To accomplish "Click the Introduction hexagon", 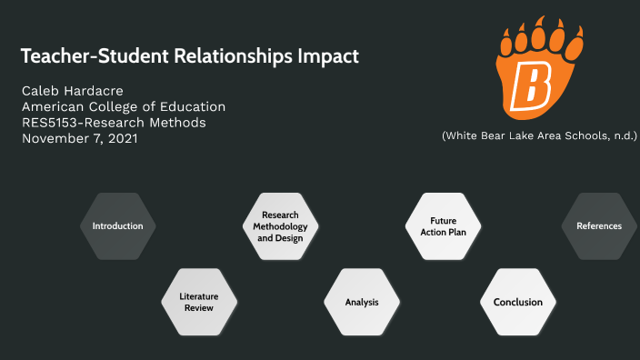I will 117,225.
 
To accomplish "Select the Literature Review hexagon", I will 197,302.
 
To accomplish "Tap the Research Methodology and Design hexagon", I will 280,225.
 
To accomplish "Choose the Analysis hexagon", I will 361,302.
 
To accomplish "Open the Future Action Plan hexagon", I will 443,225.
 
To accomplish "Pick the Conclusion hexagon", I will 517,302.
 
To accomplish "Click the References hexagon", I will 599,225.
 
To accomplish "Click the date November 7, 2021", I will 79,138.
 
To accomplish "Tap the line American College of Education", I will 123,107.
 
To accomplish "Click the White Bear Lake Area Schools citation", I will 539,135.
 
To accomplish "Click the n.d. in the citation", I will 624,135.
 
